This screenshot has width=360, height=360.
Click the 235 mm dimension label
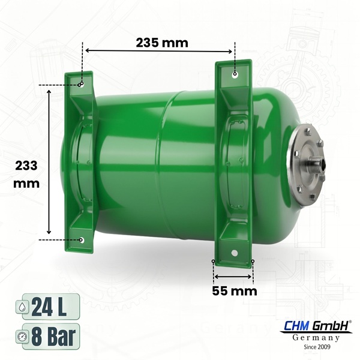(x=161, y=43)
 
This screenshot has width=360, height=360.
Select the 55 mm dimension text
(x=233, y=292)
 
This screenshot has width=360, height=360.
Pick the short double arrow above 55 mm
(x=233, y=277)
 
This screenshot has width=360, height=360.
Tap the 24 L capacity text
(x=50, y=307)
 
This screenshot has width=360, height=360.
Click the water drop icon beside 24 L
(x=23, y=307)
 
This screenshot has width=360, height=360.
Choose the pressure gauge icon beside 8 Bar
(x=23, y=335)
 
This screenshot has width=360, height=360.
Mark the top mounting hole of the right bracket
(x=235, y=74)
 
